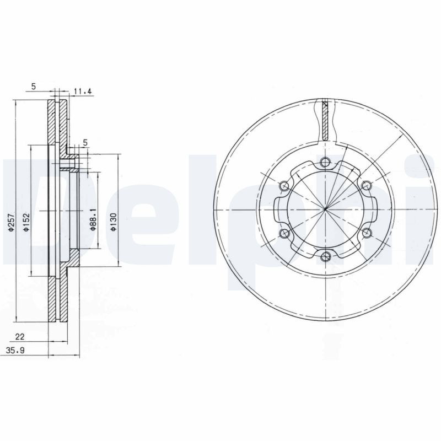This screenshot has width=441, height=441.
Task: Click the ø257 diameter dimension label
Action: pyautogui.click(x=11, y=223)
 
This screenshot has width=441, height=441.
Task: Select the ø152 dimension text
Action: pyautogui.click(x=26, y=223)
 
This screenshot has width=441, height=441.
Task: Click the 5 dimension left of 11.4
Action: pyautogui.click(x=34, y=86)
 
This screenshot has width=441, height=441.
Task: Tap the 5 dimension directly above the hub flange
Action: pyautogui.click(x=85, y=143)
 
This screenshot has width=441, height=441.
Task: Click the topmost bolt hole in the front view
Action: pyautogui.click(x=325, y=162)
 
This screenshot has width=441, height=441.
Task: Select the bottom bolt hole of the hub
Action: pyautogui.click(x=325, y=255)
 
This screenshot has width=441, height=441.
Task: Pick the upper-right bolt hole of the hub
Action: pyautogui.click(x=366, y=185)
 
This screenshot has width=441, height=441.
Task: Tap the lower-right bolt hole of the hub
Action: pyautogui.click(x=366, y=232)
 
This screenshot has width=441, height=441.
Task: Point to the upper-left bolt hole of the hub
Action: pyautogui.click(x=284, y=185)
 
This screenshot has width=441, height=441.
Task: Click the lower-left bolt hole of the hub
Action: pyautogui.click(x=284, y=234)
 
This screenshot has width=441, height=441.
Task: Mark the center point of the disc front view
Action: pyautogui.click(x=325, y=209)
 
